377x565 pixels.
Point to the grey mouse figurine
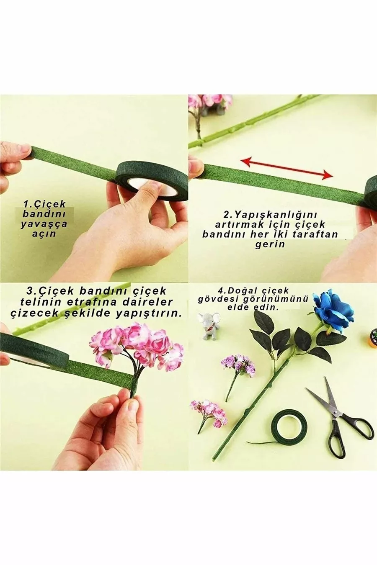(210, 326)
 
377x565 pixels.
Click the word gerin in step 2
(270, 244)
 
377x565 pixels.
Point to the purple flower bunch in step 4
(238, 365)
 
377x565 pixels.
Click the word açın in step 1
(44, 234)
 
